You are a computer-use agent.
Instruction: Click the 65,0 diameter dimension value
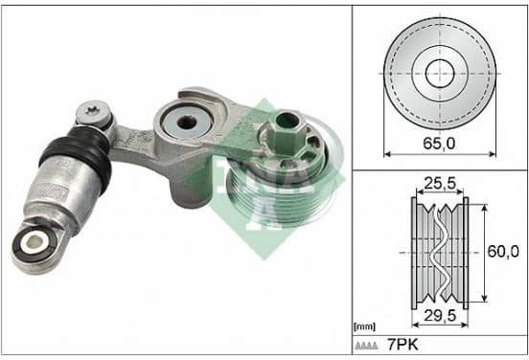pos(439,144)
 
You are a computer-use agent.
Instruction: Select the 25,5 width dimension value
pos(440,184)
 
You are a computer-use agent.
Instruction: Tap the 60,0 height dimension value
pos(503,252)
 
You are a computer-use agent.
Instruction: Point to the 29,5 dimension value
pos(440,316)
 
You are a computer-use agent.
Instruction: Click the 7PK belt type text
pos(402,345)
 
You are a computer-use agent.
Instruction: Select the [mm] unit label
pos(364,326)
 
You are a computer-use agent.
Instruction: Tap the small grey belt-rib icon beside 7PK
pos(366,346)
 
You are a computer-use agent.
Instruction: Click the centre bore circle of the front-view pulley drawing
pos(440,73)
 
